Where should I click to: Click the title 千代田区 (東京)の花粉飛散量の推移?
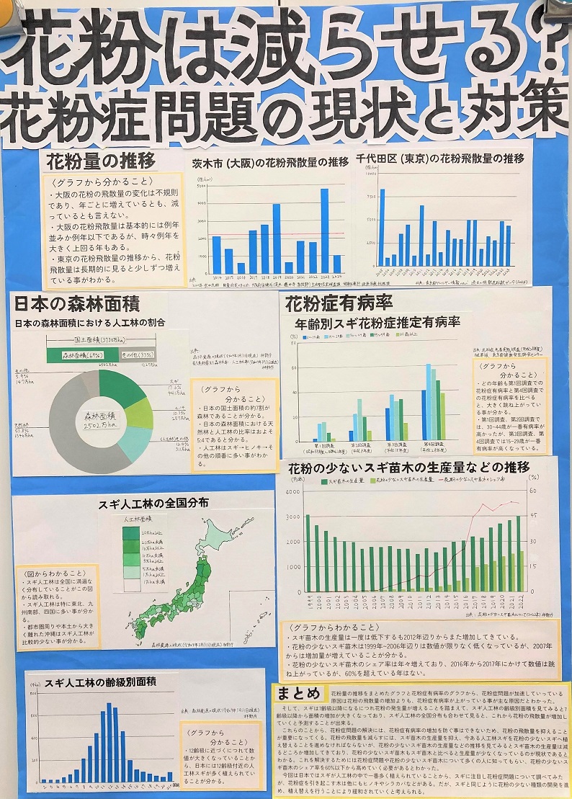pos(439,158)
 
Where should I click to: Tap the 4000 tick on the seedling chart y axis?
pos(294,491)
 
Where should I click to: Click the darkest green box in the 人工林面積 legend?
pos(131,532)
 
